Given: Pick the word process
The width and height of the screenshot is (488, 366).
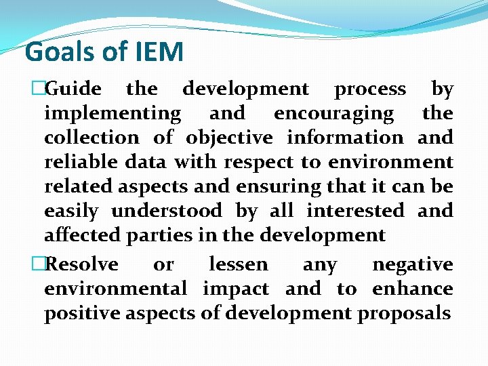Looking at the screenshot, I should click(x=371, y=89).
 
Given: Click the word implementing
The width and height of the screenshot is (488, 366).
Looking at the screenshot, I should click(x=113, y=114).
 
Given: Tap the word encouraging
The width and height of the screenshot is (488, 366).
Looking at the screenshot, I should click(x=333, y=114).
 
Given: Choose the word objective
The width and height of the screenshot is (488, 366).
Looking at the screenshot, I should click(x=229, y=138).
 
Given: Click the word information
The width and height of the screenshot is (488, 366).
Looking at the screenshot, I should click(x=345, y=138).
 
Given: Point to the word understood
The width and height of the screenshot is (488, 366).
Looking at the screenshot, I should click(x=166, y=211).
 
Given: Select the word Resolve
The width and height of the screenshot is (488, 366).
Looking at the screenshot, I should click(x=84, y=264).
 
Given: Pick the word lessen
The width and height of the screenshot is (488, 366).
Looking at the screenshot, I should click(x=239, y=264).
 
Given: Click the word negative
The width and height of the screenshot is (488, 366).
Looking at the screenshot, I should click(x=413, y=264).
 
